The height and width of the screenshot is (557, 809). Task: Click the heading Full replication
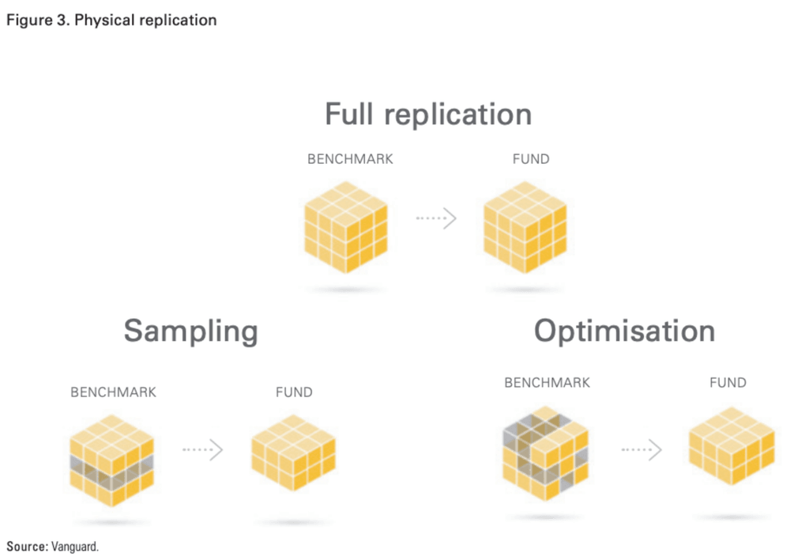(428, 115)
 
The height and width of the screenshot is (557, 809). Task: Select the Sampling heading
(190, 331)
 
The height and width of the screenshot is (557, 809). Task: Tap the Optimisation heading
(624, 330)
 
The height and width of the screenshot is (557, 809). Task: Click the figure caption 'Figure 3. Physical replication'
(111, 21)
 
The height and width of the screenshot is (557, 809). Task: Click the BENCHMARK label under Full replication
(350, 159)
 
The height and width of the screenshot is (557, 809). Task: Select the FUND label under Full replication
(531, 159)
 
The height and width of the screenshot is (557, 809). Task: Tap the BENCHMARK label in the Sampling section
(113, 392)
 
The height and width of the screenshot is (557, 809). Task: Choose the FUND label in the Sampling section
(294, 392)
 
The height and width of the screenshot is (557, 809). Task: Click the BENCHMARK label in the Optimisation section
(547, 383)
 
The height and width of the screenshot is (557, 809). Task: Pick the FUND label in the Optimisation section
(728, 383)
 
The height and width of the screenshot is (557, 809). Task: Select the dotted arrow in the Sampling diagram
(203, 449)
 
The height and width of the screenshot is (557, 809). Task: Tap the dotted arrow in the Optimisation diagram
(641, 449)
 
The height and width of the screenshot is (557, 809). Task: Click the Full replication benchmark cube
(347, 227)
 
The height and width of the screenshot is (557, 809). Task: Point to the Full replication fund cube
(525, 227)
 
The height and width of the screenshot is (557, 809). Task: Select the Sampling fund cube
(293, 452)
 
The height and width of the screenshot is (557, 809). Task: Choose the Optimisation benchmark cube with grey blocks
(545, 453)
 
